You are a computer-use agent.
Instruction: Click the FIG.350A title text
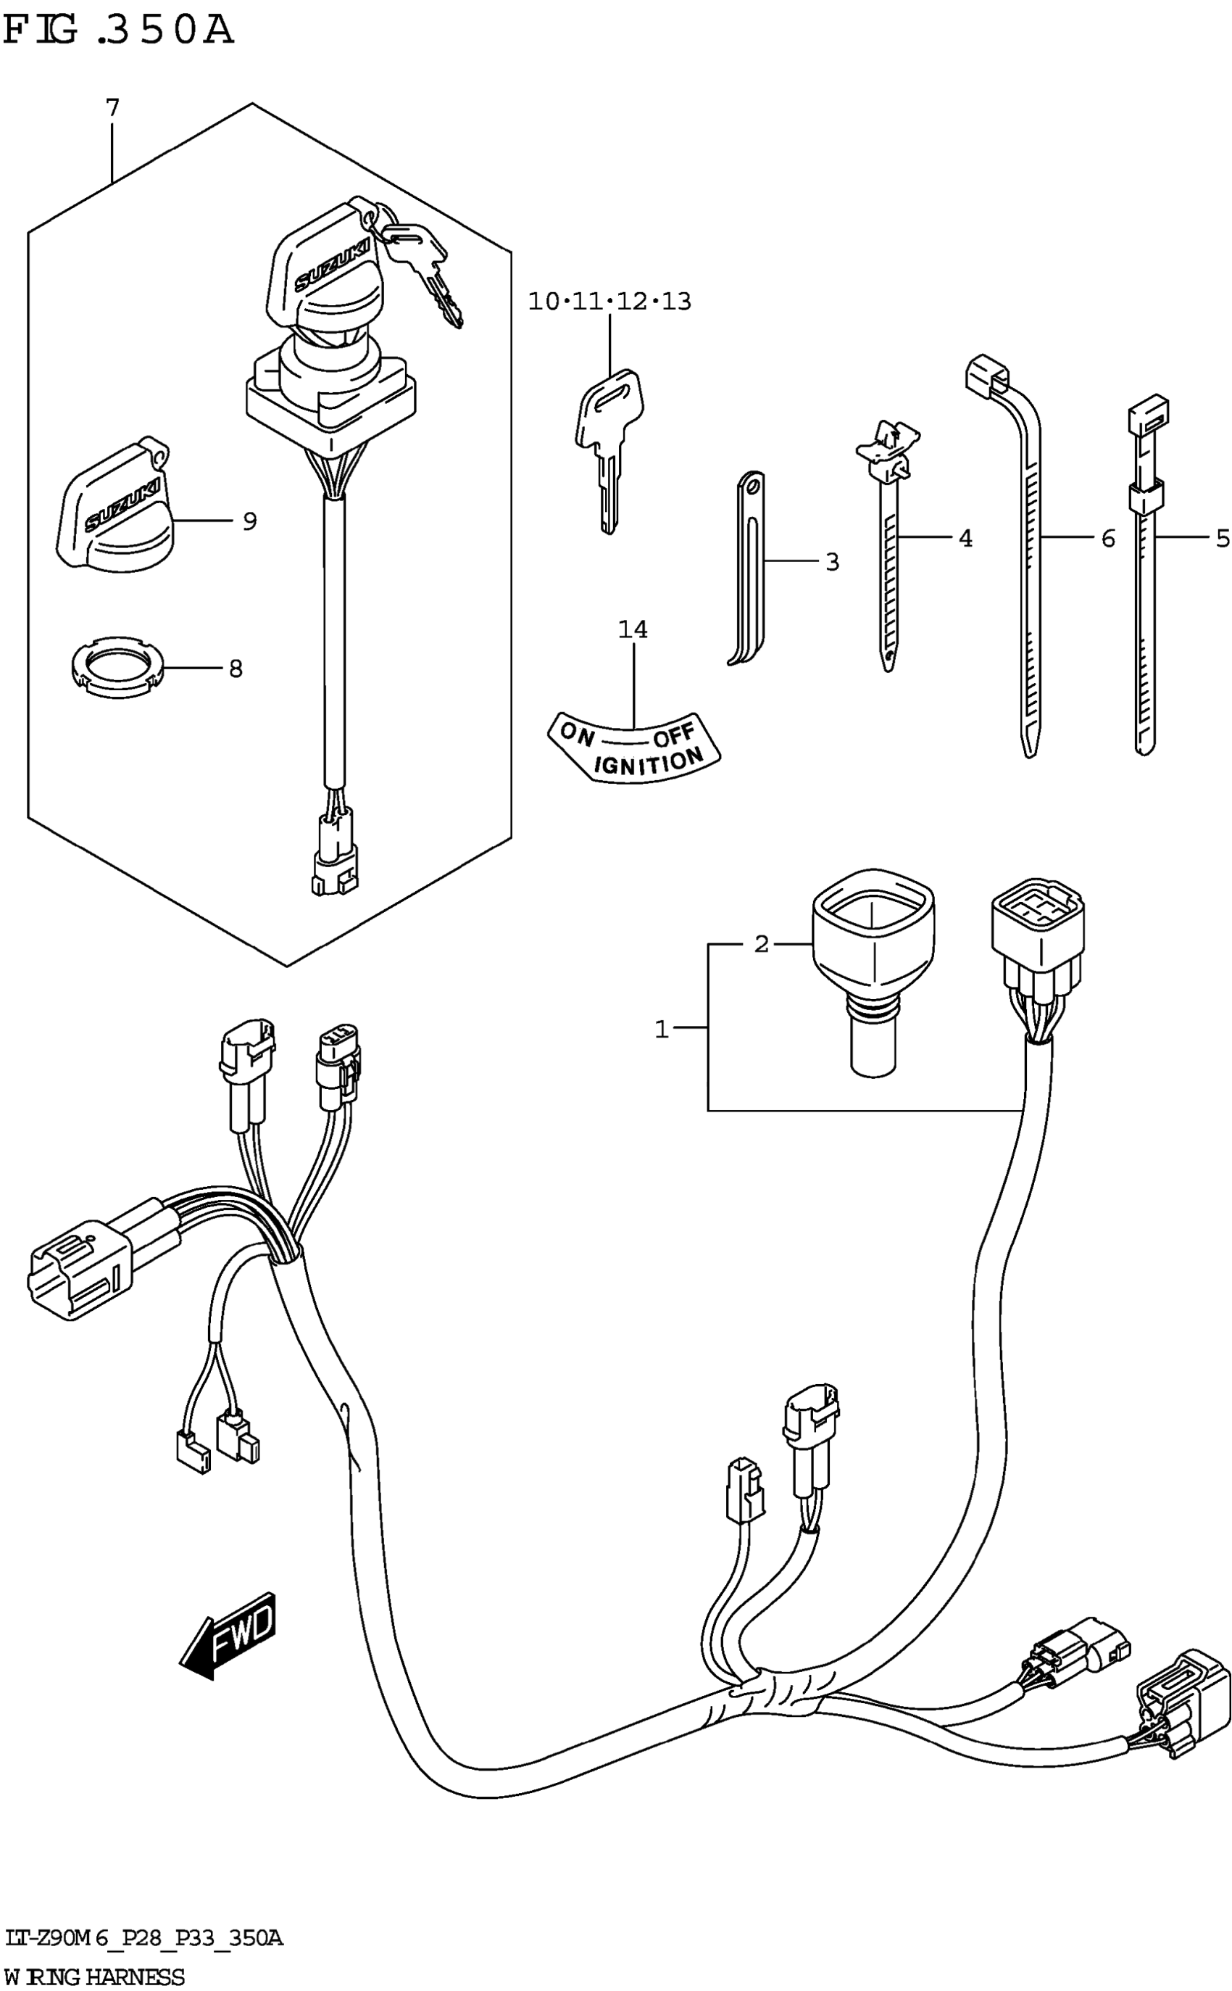119,30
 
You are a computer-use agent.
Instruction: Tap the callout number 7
112,107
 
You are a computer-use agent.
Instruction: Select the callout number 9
249,521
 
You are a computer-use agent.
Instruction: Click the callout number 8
236,669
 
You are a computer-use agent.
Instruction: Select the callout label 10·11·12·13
609,302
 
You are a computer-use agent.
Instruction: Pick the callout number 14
633,629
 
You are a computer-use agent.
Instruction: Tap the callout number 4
965,538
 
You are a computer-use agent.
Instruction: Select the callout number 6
1108,538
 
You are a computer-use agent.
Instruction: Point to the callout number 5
1223,538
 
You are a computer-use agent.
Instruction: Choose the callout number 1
662,1030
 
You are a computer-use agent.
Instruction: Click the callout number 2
761,944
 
